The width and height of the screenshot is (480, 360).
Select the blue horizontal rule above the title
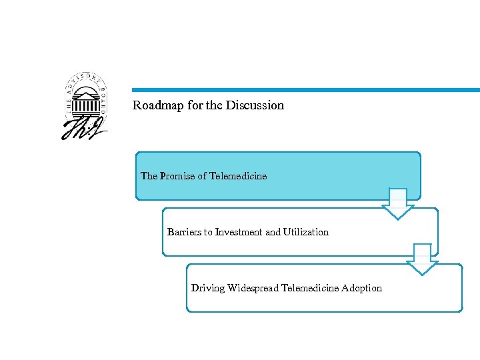pyautogui.click(x=305, y=90)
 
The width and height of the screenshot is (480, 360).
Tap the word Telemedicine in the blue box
pyautogui.click(x=238, y=176)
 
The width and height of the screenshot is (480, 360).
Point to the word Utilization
pyautogui.click(x=306, y=232)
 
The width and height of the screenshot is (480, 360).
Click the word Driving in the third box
pyautogui.click(x=208, y=288)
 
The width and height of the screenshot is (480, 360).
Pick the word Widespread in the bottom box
pyautogui.click(x=253, y=288)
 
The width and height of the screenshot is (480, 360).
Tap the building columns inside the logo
pyautogui.click(x=85, y=103)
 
